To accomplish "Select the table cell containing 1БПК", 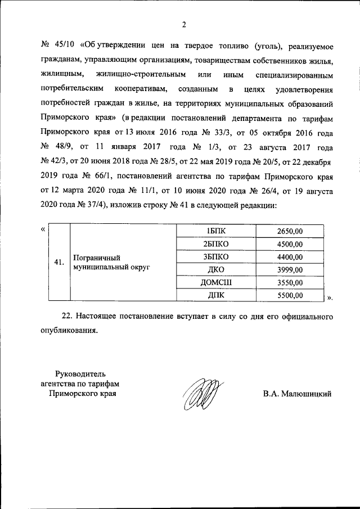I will (x=216, y=231).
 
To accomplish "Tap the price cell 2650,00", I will (x=290, y=231).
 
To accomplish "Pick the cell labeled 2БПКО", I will (x=216, y=244).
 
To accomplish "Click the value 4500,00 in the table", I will (x=290, y=244).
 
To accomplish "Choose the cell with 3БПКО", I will (x=216, y=257).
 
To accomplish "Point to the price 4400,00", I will (x=290, y=257).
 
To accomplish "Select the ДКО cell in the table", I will (x=216, y=270).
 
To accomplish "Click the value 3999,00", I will (x=290, y=270).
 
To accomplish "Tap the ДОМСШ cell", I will (x=216, y=283).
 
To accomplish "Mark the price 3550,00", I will (x=290, y=283).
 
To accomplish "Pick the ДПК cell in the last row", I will (x=216, y=295).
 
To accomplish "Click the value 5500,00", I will (x=290, y=295).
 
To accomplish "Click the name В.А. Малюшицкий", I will (x=297, y=394).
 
